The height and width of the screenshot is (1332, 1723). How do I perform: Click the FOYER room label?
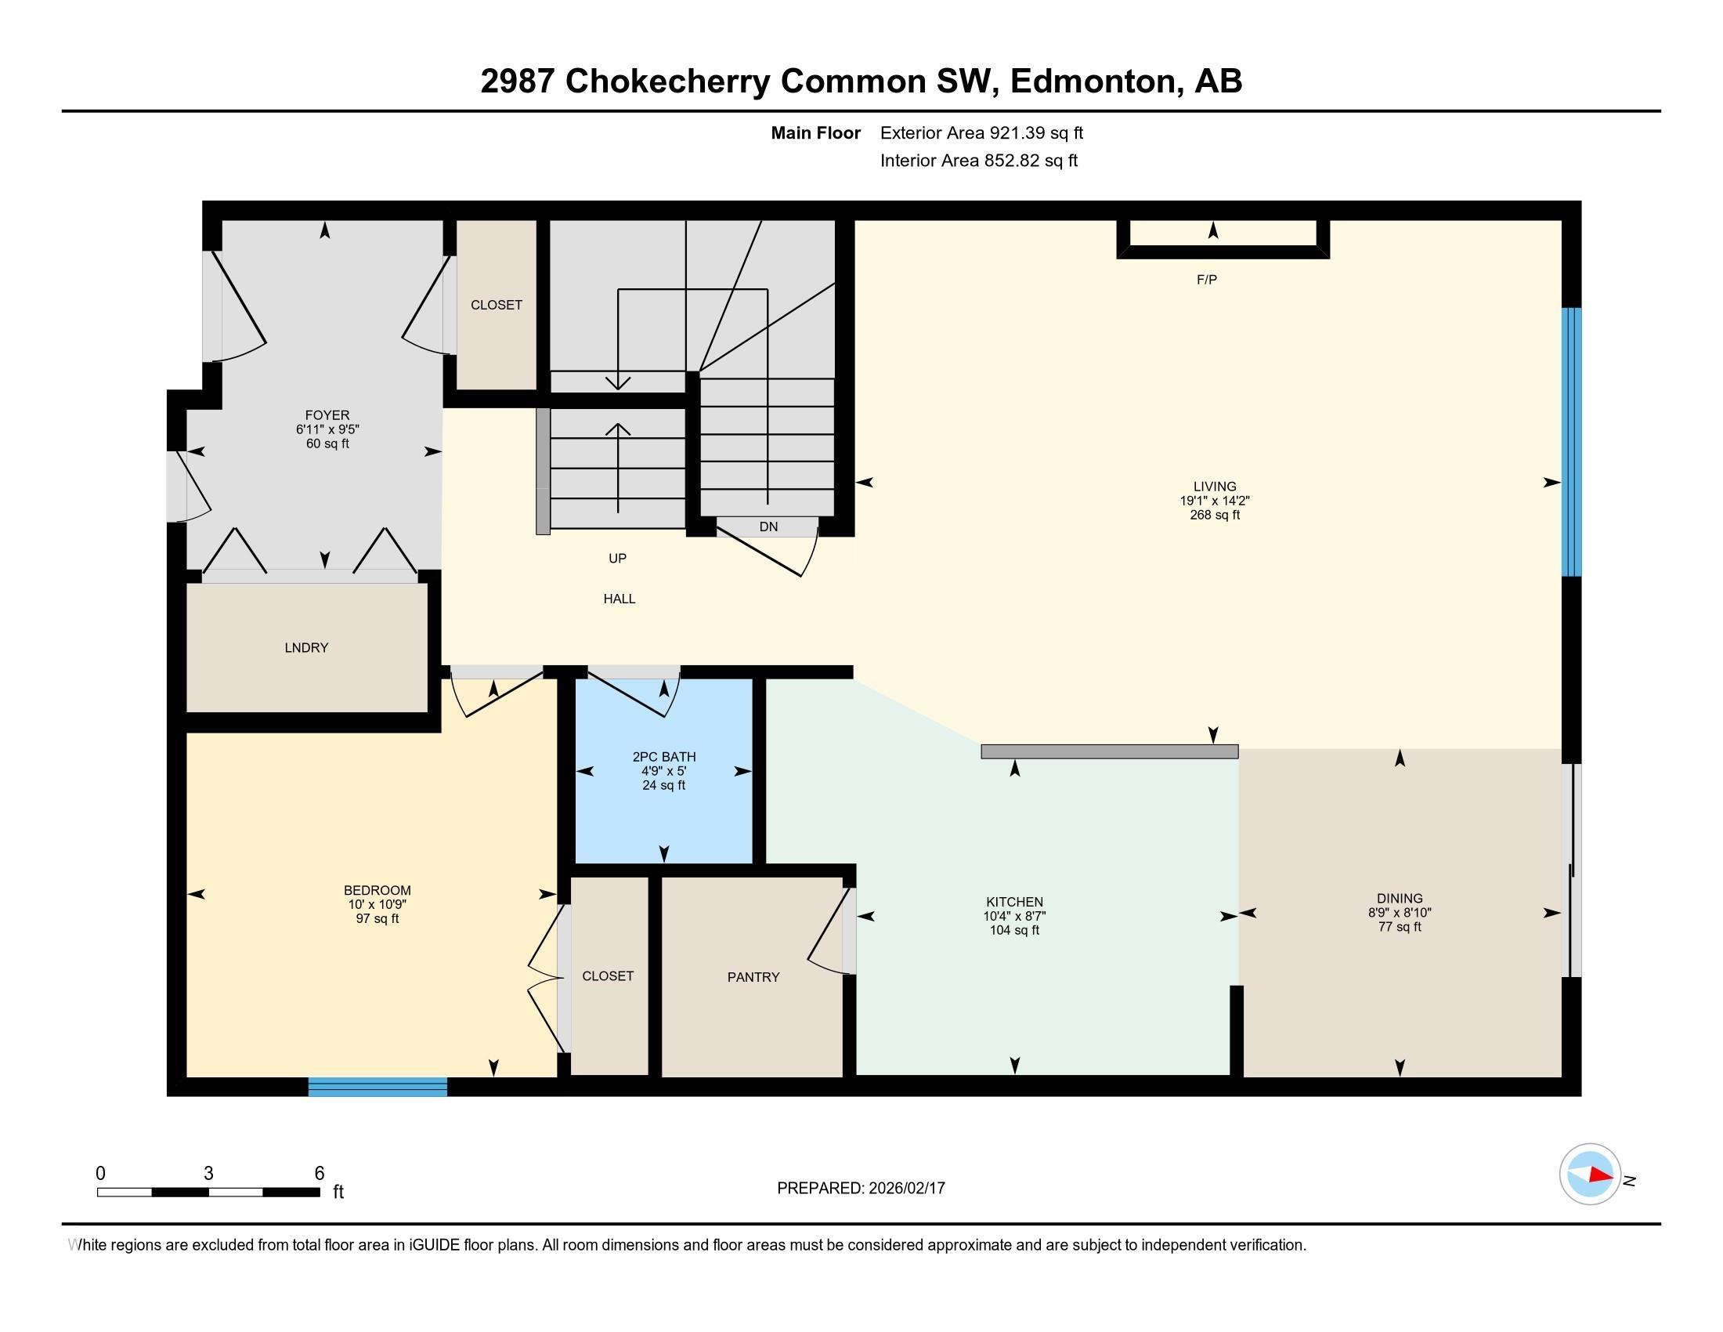pos(327,415)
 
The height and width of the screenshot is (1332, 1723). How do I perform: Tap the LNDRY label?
pos(306,648)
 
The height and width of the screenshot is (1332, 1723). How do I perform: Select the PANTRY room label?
pos(753,977)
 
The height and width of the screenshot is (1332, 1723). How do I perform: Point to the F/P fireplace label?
pos(1206,280)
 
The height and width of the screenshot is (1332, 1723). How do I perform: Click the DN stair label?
pos(768,527)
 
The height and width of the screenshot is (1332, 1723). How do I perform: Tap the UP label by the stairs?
pos(617,559)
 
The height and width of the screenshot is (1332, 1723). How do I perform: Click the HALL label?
pos(619,599)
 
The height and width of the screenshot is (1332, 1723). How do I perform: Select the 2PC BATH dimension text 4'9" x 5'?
pos(663,771)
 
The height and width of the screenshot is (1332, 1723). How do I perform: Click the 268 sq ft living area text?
pos(1214,516)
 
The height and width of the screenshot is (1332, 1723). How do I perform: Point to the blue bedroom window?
pos(377,1087)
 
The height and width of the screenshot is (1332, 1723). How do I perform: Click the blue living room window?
pos(1572,442)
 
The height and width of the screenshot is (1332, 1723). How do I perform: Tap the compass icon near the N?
pos(1590,1175)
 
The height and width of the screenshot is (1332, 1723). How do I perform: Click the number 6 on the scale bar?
pos(319,1174)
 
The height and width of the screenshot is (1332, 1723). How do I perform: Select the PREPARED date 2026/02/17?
pos(905,1189)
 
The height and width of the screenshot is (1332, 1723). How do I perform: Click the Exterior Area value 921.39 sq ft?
pos(1037,133)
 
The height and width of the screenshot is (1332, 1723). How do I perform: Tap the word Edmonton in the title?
pos(1093,81)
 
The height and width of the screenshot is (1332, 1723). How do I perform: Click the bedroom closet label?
pos(608,976)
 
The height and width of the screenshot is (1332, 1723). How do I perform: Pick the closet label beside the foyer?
pos(497,306)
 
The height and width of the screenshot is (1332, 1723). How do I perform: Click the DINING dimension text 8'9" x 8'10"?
pos(1399,912)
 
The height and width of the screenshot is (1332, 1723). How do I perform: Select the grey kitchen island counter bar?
pos(1108,752)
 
